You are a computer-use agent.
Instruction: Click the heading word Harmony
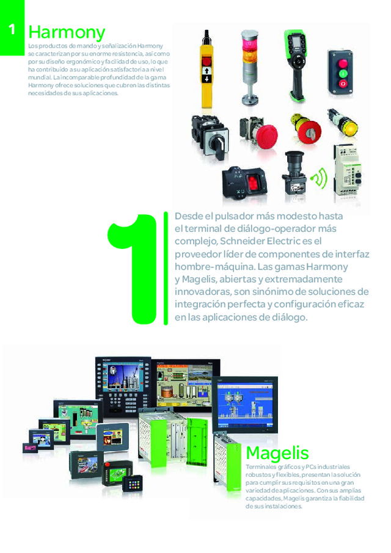(x=67, y=32)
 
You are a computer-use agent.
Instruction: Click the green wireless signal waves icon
(x=320, y=178)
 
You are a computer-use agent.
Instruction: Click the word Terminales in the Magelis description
(x=260, y=467)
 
